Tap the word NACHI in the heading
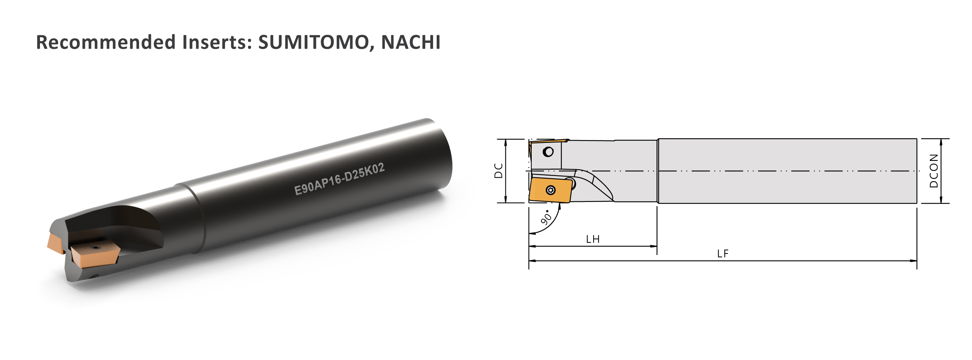click(410, 42)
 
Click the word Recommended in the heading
click(105, 42)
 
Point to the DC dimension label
click(499, 171)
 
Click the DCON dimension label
click(933, 171)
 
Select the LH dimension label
click(593, 239)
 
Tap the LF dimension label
click(723, 253)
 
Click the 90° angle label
click(546, 218)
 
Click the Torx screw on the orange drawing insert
click(550, 190)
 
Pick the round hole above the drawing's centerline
click(548, 152)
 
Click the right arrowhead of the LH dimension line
click(653, 246)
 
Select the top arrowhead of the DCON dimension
click(941, 142)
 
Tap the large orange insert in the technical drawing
click(549, 190)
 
